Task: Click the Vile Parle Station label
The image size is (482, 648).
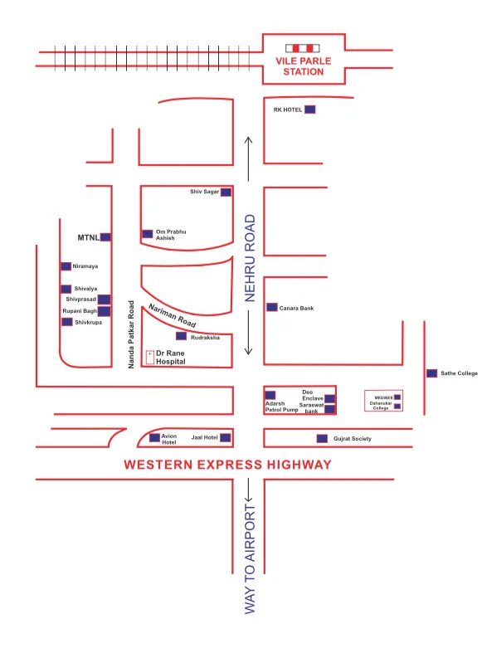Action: (299, 66)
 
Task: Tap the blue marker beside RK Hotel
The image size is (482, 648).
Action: (309, 110)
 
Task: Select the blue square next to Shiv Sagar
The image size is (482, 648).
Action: (226, 192)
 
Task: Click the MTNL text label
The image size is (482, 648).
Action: (88, 237)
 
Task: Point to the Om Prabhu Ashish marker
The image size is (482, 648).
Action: (147, 234)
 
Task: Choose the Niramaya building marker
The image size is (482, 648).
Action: (66, 266)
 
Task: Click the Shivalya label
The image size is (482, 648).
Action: (85, 289)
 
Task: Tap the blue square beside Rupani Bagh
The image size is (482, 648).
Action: (104, 311)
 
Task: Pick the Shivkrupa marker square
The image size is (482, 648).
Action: (66, 322)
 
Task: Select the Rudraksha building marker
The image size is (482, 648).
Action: (181, 337)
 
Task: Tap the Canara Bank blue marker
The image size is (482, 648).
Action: (271, 307)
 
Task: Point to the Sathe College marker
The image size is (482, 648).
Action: (431, 373)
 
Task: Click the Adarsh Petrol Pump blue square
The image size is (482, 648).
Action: (270, 394)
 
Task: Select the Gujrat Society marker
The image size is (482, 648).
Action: (322, 438)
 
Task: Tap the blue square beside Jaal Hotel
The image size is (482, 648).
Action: (225, 437)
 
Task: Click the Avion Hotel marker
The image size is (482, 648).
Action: (154, 437)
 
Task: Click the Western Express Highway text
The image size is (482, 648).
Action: (227, 465)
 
